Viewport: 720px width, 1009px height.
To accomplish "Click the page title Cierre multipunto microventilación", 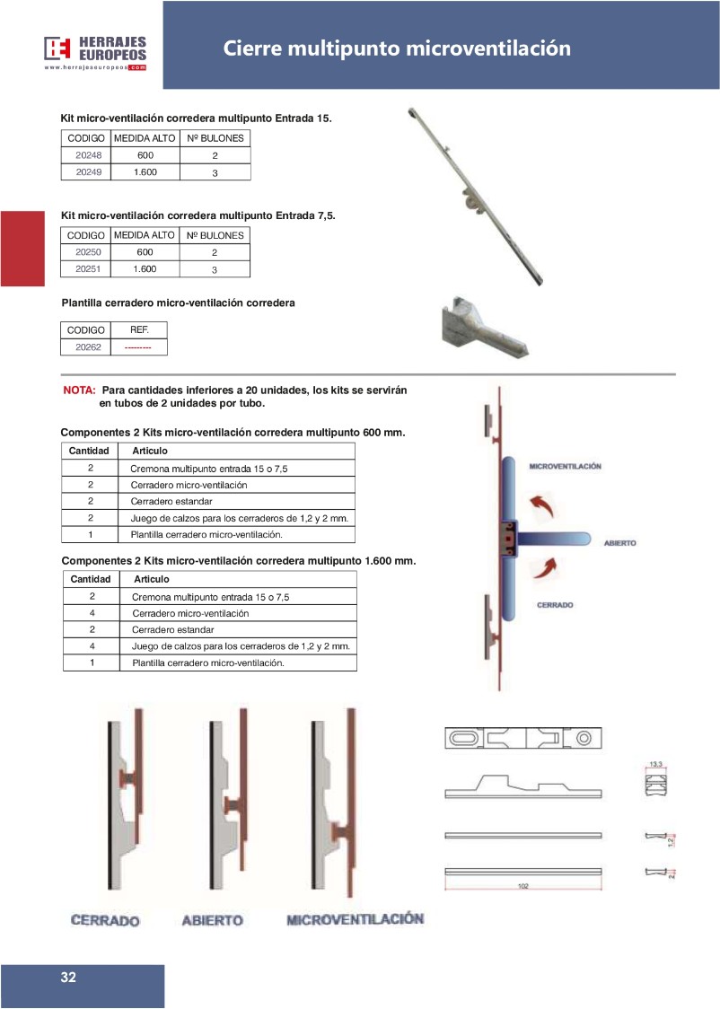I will click(397, 48).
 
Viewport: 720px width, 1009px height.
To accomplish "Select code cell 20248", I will click(85, 155).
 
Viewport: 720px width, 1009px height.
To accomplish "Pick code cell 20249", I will click(85, 171).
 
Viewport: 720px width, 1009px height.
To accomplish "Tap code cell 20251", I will click(85, 268).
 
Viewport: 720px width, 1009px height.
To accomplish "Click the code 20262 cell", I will click(85, 347).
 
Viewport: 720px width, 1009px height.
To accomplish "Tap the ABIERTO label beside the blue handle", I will click(619, 544).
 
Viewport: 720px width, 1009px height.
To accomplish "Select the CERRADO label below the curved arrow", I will click(555, 605).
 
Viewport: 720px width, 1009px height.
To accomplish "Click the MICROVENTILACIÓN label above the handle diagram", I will click(565, 467).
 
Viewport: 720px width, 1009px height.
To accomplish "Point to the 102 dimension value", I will click(522, 886).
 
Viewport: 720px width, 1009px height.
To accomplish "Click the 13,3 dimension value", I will click(655, 764).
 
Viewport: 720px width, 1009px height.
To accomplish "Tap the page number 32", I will click(68, 978).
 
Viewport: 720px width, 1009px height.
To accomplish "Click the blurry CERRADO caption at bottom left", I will click(106, 921).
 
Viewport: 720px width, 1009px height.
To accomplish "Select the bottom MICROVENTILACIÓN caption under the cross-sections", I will click(355, 919).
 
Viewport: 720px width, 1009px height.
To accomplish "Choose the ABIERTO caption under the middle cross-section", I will click(212, 921).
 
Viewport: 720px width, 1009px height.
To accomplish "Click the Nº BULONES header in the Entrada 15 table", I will click(215, 138).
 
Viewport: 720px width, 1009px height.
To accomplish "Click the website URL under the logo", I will click(94, 67).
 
